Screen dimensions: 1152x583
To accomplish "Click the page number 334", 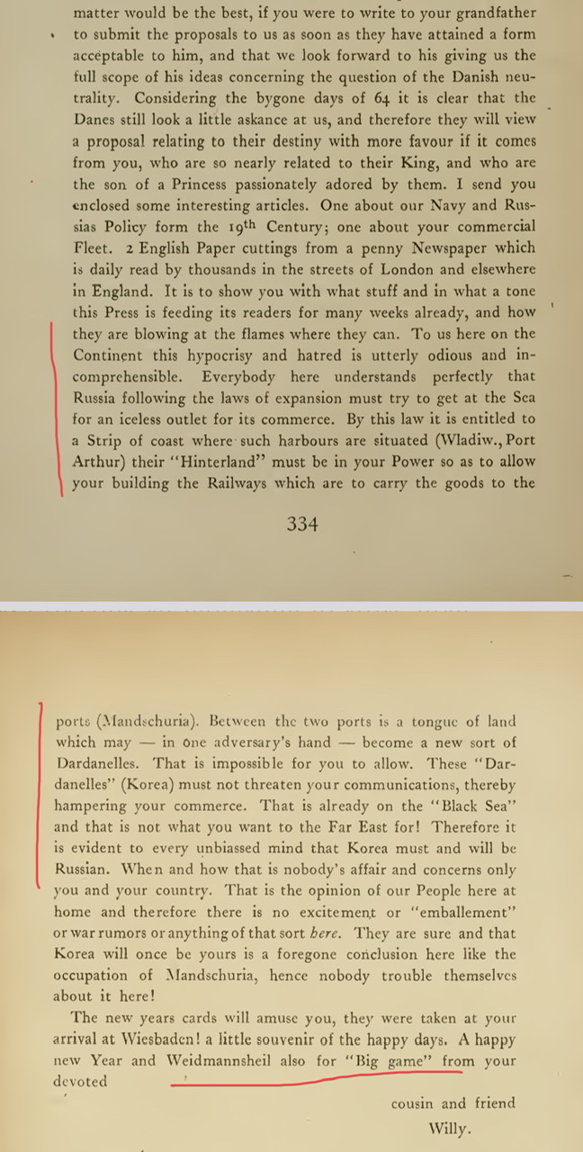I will tap(302, 524).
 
